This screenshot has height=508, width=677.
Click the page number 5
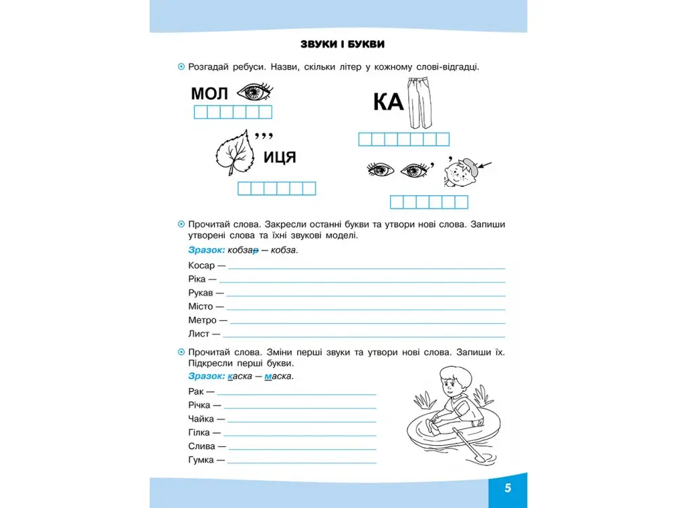pos(507,489)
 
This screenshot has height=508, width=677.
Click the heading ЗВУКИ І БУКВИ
pos(343,45)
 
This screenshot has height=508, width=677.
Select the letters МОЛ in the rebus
pos(210,93)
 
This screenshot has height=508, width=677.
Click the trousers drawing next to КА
pos(418,103)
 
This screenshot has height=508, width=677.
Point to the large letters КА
pos(388,102)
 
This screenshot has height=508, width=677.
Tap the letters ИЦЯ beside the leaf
pos(279,158)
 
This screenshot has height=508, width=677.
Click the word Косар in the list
pos(201,266)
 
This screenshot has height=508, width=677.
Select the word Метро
pos(202,320)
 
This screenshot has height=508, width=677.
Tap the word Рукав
pos(202,293)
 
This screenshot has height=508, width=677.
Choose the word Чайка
pos(202,419)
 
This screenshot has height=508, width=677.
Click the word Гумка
pos(202,460)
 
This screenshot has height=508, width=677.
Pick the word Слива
pos(202,446)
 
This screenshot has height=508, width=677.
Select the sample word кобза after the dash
pos(284,250)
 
